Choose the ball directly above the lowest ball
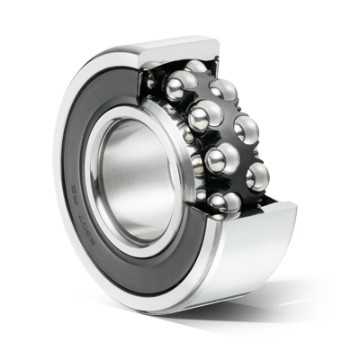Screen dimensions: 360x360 pyautogui.click(x=220, y=163)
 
